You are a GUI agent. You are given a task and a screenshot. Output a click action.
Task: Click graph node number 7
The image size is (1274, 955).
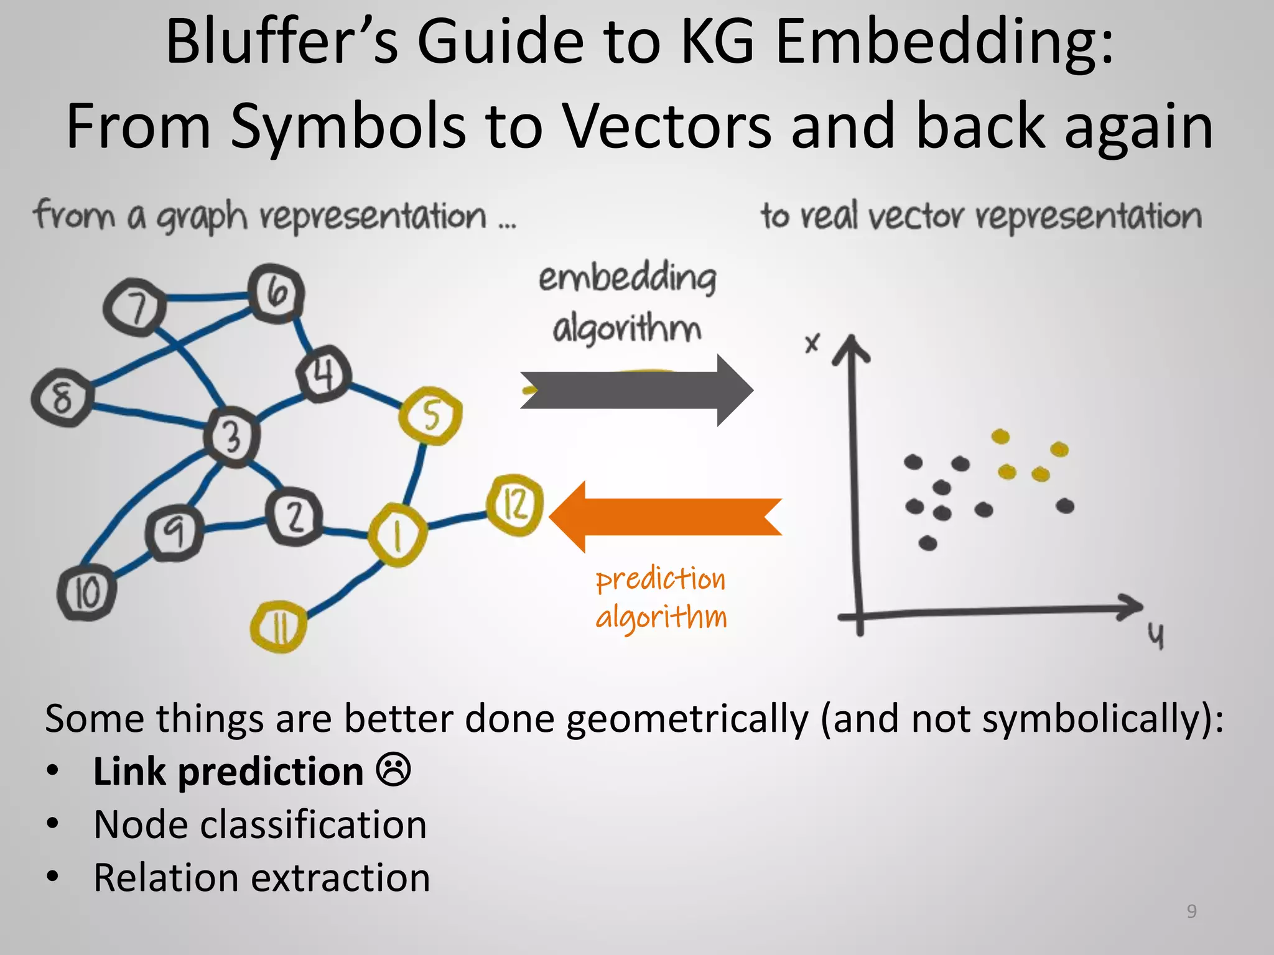pyautogui.click(x=135, y=307)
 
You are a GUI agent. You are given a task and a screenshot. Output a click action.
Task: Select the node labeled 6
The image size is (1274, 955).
pyautogui.click(x=276, y=293)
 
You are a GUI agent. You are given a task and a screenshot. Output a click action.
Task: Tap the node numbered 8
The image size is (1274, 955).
pyautogui.click(x=62, y=397)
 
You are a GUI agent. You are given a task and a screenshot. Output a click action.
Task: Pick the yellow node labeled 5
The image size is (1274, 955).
pyautogui.click(x=430, y=415)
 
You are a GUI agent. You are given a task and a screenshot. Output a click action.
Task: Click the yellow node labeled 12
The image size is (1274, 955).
pyautogui.click(x=514, y=505)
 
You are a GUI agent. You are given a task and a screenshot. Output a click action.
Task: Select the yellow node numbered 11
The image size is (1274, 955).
pyautogui.click(x=279, y=627)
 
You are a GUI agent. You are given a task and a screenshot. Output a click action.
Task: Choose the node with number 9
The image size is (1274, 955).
pyautogui.click(x=174, y=532)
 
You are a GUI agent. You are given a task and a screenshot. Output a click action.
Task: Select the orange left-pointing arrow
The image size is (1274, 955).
pyautogui.click(x=666, y=517)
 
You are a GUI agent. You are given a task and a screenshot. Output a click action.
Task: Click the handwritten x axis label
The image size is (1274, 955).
pyautogui.click(x=812, y=343)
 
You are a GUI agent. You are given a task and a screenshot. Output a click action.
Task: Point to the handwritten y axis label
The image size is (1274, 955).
pyautogui.click(x=1155, y=635)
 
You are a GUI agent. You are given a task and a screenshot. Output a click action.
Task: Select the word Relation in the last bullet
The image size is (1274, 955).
pyautogui.click(x=165, y=878)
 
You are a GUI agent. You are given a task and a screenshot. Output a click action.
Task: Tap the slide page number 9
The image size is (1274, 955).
pyautogui.click(x=1191, y=911)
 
